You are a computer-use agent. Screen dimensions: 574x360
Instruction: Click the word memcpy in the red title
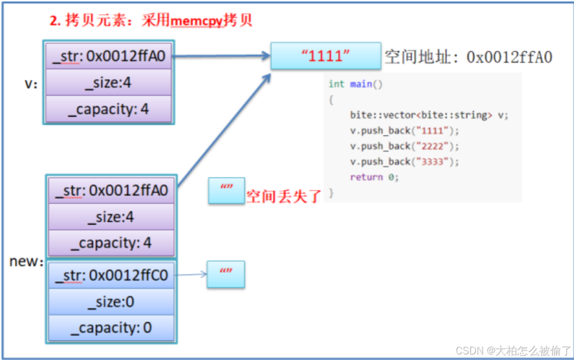(196, 21)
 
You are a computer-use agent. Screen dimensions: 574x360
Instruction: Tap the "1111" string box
(326, 56)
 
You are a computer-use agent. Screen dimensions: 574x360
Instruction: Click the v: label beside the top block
(30, 84)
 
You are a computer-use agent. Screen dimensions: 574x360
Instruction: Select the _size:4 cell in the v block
(109, 83)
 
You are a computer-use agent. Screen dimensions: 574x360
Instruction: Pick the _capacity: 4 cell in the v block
(109, 109)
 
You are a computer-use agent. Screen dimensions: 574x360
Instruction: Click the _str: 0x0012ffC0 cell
(111, 275)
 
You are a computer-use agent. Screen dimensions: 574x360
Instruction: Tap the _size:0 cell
(111, 302)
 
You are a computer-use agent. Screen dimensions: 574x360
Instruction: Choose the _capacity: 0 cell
(111, 328)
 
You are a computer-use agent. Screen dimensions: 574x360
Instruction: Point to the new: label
(26, 261)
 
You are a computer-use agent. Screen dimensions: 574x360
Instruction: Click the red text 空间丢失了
(283, 196)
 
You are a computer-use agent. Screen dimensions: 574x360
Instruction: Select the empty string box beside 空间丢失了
(226, 190)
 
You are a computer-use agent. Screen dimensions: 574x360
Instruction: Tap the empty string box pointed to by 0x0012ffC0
(226, 275)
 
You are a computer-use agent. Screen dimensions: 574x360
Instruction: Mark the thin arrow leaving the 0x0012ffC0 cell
(190, 275)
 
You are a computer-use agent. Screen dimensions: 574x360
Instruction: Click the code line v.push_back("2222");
(404, 146)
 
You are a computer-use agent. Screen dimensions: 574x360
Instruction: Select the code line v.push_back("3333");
(404, 162)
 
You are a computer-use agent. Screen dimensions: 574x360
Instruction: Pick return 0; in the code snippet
(374, 177)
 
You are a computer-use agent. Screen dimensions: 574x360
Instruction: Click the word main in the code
(361, 84)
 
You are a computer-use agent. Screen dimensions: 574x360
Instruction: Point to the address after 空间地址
(509, 57)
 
